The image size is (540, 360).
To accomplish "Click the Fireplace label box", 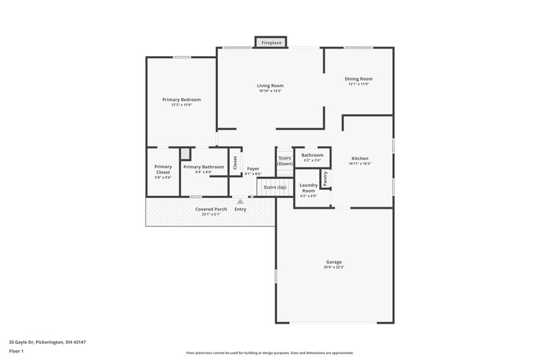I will pyautogui.click(x=271, y=43).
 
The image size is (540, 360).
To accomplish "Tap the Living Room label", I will pyautogui.click(x=270, y=86).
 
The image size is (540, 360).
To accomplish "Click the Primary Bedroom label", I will pyautogui.click(x=181, y=99).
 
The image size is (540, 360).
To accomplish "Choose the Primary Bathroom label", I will pyautogui.click(x=203, y=167).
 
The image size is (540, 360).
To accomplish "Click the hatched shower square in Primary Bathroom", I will pyautogui.click(x=184, y=153).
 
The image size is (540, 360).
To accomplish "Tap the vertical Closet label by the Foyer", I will pyautogui.click(x=235, y=163).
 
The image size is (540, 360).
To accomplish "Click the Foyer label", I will pyautogui.click(x=253, y=168).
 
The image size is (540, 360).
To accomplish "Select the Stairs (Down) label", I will pyautogui.click(x=285, y=161).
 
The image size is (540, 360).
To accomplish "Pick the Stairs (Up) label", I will pyautogui.click(x=275, y=187).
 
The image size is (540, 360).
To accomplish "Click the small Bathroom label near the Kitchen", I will pyautogui.click(x=313, y=155).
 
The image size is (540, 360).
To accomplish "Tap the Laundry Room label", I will pyautogui.click(x=308, y=188).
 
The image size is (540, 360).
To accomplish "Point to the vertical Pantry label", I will pyautogui.click(x=325, y=178).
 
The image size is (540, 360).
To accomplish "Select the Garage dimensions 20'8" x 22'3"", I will pyautogui.click(x=334, y=267).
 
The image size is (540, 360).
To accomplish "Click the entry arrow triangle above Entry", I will pyautogui.click(x=240, y=201).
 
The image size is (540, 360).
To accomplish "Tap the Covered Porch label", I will pyautogui.click(x=211, y=209).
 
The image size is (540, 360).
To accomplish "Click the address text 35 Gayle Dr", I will pyautogui.click(x=47, y=342).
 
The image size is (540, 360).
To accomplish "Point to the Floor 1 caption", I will pyautogui.click(x=16, y=352).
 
